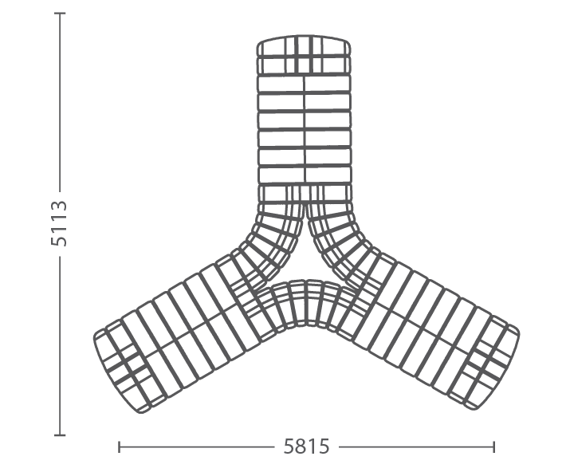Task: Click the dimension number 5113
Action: point(59,223)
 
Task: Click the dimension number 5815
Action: point(306,446)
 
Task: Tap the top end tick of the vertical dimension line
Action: point(60,13)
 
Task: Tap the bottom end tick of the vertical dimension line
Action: point(60,435)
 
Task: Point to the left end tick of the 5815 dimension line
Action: point(119,447)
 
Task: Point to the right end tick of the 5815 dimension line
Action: point(493,447)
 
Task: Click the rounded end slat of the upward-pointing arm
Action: point(304,45)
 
